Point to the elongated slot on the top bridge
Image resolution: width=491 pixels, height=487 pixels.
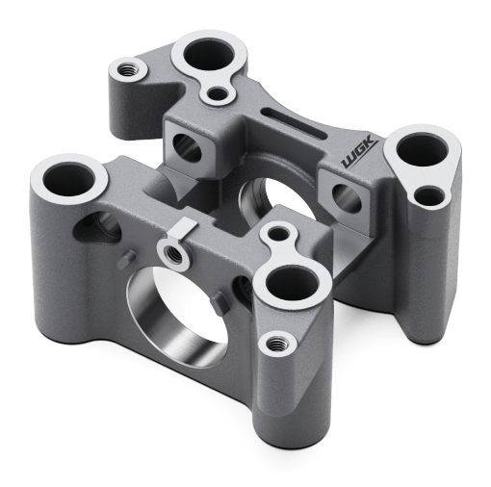295,124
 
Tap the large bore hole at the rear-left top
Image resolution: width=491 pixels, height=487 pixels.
209,55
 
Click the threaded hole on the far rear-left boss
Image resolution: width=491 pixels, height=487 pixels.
128,68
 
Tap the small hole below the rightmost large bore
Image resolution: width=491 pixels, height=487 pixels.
429,196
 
